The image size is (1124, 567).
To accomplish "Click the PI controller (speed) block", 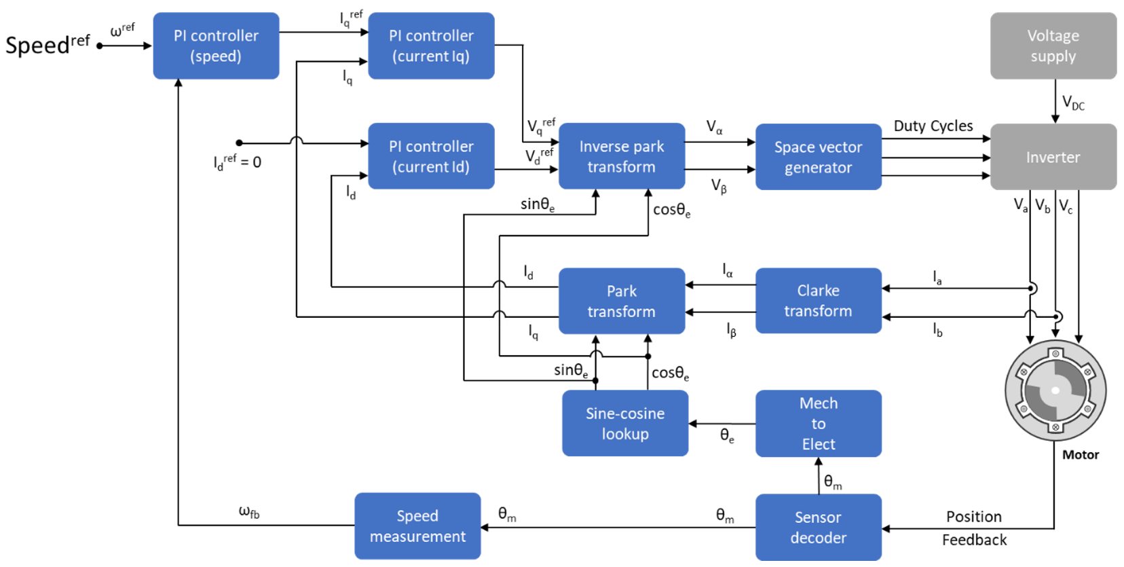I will pos(216,45).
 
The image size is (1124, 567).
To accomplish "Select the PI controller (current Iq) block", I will pos(431,45).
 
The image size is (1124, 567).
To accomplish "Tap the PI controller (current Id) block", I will pos(431,156).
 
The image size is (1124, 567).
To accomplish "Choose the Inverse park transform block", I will pos(621,156).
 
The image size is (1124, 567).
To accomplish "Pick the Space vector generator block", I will pos(818,157).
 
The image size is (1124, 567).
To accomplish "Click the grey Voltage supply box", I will pos(1053,45).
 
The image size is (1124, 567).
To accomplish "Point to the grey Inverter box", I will pos(1053,157).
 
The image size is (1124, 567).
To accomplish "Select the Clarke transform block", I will pos(818,301).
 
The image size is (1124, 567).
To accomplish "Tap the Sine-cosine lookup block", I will pos(625,423).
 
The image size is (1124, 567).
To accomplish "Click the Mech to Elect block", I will pos(818,423).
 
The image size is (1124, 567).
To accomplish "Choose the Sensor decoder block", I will pos(818,527).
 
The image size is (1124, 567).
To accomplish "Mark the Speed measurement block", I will pos(417,526).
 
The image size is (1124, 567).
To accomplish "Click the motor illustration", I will pos(1055,390).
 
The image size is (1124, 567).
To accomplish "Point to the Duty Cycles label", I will pos(933,126).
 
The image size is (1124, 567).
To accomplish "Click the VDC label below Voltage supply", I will pos(1073,103).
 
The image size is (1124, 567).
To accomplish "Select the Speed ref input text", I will pos(48,44).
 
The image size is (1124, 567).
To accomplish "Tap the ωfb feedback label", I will pos(249,511).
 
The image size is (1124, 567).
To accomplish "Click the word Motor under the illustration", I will pos(1080,455).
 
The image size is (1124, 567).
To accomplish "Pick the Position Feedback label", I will pos(974,528).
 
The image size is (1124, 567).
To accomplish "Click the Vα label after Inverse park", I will pos(714,127).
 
